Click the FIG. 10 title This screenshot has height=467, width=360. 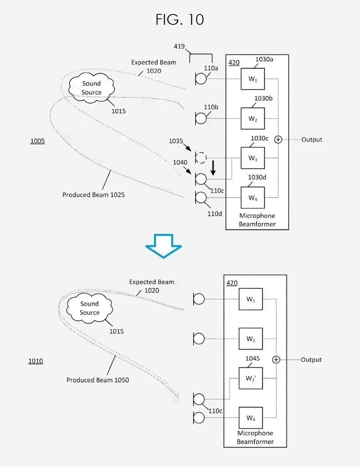click(x=180, y=19)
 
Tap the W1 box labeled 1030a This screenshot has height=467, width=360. click(x=252, y=79)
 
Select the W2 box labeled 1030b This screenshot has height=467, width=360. click(x=252, y=118)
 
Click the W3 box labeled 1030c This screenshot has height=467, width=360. click(x=252, y=158)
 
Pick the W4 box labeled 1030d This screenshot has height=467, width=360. click(x=252, y=198)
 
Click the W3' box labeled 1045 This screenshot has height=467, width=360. click(x=251, y=378)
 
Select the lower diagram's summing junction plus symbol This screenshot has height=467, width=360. click(x=276, y=360)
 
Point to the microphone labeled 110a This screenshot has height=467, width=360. click(x=200, y=79)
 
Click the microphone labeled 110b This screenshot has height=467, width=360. click(x=200, y=118)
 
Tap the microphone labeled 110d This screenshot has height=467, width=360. click(x=200, y=198)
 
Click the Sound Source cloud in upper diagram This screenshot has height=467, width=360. click(x=92, y=88)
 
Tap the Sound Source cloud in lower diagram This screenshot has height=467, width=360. click(x=89, y=308)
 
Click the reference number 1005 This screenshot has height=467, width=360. click(x=38, y=141)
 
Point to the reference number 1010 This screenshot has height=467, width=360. click(x=36, y=361)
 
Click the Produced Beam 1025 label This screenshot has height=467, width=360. click(x=94, y=195)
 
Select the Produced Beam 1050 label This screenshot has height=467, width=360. click(x=98, y=380)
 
